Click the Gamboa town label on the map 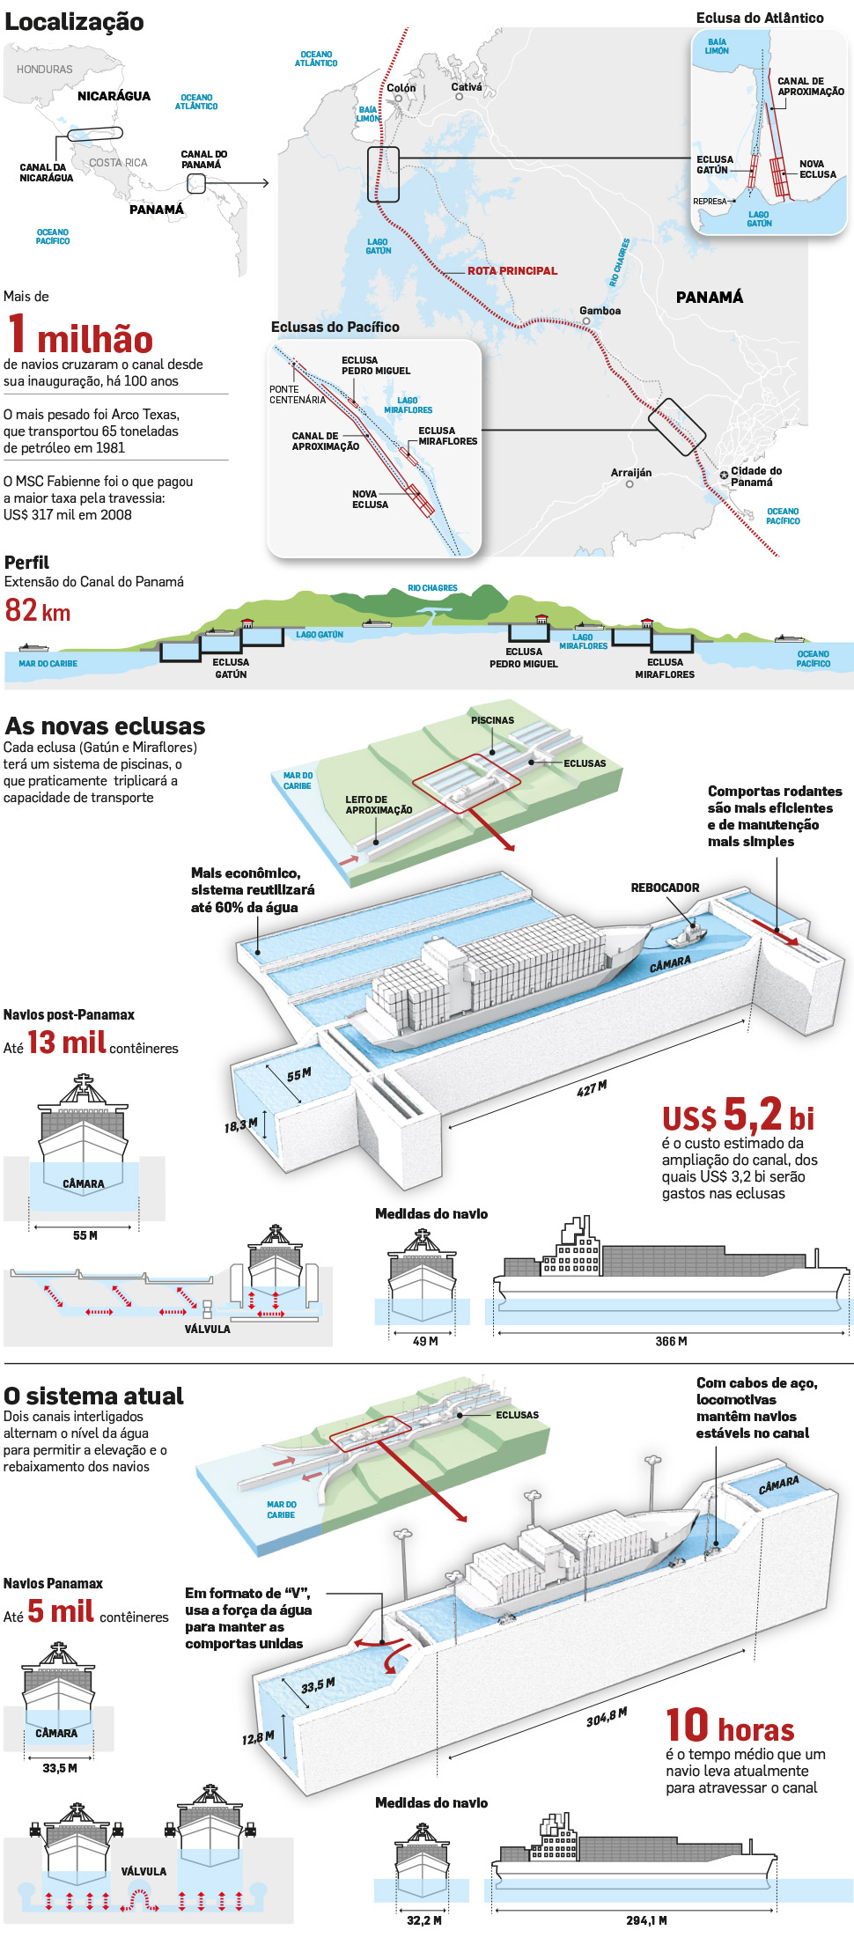pyautogui.click(x=600, y=311)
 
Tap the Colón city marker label pyautogui.click(x=401, y=88)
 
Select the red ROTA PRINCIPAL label pyautogui.click(x=512, y=271)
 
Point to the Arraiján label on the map pyautogui.click(x=631, y=473)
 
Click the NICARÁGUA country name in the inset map pyautogui.click(x=114, y=96)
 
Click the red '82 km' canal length pyautogui.click(x=38, y=610)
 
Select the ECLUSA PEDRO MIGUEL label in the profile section pyautogui.click(x=523, y=658)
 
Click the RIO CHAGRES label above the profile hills pyautogui.click(x=432, y=588)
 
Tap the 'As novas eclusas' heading pyautogui.click(x=105, y=726)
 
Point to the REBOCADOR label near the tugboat pyautogui.click(x=665, y=888)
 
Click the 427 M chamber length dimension pyautogui.click(x=592, y=1089)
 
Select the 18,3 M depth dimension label pyautogui.click(x=240, y=1124)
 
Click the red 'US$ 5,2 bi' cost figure pyautogui.click(x=738, y=1116)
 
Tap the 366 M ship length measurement pyautogui.click(x=671, y=1341)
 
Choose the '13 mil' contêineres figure pyautogui.click(x=67, y=1042)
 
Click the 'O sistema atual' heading pyautogui.click(x=93, y=1396)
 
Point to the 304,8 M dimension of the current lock pyautogui.click(x=607, y=1717)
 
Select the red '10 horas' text pyautogui.click(x=730, y=1726)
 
